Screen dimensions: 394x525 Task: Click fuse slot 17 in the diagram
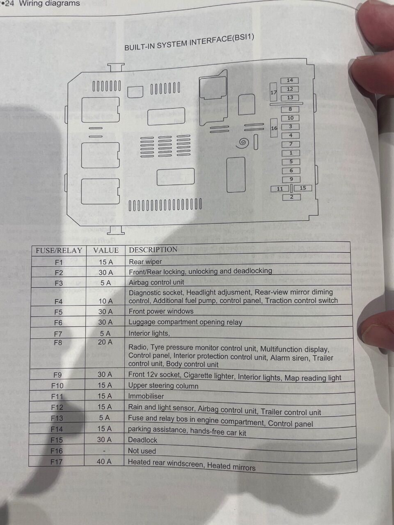273,92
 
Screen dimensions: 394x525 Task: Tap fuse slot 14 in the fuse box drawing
290,80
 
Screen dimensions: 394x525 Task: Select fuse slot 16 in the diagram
274,128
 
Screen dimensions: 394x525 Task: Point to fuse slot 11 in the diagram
279,189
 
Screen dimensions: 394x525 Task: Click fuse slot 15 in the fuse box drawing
302,188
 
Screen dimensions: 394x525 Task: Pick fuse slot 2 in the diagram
291,197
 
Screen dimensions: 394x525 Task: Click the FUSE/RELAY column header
59,251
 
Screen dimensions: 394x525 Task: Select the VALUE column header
106,250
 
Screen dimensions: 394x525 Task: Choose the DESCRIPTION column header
153,250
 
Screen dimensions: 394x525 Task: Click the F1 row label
59,262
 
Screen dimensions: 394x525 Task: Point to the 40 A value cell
104,461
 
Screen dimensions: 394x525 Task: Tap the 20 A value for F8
105,342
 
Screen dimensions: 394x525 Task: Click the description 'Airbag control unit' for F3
156,283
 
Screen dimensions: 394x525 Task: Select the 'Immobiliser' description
146,396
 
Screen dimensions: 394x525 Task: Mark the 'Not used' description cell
142,451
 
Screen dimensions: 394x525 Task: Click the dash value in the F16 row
104,451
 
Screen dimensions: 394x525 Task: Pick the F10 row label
57,386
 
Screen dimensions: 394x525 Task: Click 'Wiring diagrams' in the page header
50,3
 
